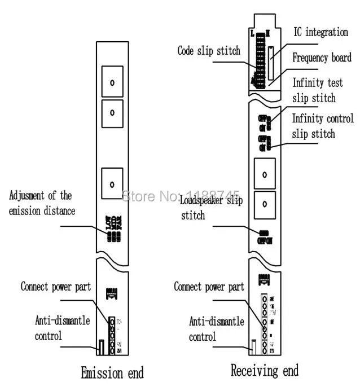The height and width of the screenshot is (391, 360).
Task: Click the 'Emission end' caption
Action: (x=112, y=373)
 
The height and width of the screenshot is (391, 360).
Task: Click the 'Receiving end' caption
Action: (x=264, y=371)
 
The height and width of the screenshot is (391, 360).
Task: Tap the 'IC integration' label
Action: (x=320, y=32)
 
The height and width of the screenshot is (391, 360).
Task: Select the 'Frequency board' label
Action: (x=322, y=58)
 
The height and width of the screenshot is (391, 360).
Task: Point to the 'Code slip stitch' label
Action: (x=209, y=51)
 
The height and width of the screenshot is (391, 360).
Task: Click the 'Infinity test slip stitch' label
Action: (x=317, y=90)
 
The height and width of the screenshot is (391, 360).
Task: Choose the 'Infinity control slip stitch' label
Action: (x=322, y=126)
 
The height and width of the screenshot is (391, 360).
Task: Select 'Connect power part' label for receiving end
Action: (x=209, y=287)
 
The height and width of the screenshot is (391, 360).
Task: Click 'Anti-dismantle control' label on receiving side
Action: (x=208, y=328)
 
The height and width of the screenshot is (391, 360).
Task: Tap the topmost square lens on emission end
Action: (x=112, y=82)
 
